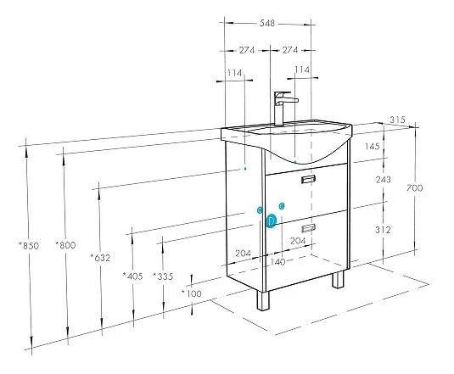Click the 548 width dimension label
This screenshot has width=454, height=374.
click(267, 23)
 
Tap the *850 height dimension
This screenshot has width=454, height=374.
click(29, 246)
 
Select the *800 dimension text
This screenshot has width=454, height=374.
click(65, 245)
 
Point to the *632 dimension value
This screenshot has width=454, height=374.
click(100, 258)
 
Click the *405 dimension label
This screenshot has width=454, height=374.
click(133, 276)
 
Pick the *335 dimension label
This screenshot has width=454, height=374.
click(163, 276)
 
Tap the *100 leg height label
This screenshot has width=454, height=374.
click(192, 294)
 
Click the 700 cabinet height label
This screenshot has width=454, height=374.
click(415, 188)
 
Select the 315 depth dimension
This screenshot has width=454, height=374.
click(397, 120)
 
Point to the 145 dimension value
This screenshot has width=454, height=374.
click(372, 147)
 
